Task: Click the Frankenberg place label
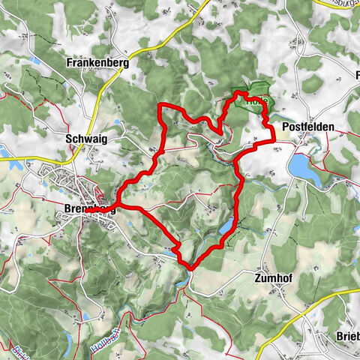click(x=97, y=64)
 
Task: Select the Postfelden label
click(x=307, y=128)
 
